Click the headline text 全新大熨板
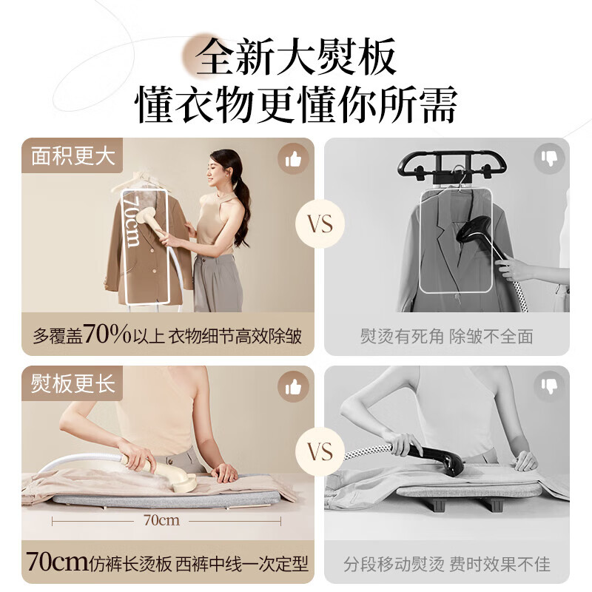(x=296, y=57)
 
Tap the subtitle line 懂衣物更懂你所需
(x=296, y=105)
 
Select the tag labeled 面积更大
(x=72, y=157)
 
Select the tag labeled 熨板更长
(x=72, y=384)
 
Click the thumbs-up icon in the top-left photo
(x=293, y=158)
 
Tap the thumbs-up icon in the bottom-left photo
(x=293, y=386)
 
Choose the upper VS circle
(x=320, y=224)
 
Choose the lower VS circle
(x=320, y=452)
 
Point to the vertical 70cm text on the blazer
(x=132, y=220)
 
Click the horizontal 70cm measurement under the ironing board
(x=161, y=520)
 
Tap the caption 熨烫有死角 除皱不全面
(x=446, y=337)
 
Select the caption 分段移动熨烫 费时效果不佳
(x=446, y=565)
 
